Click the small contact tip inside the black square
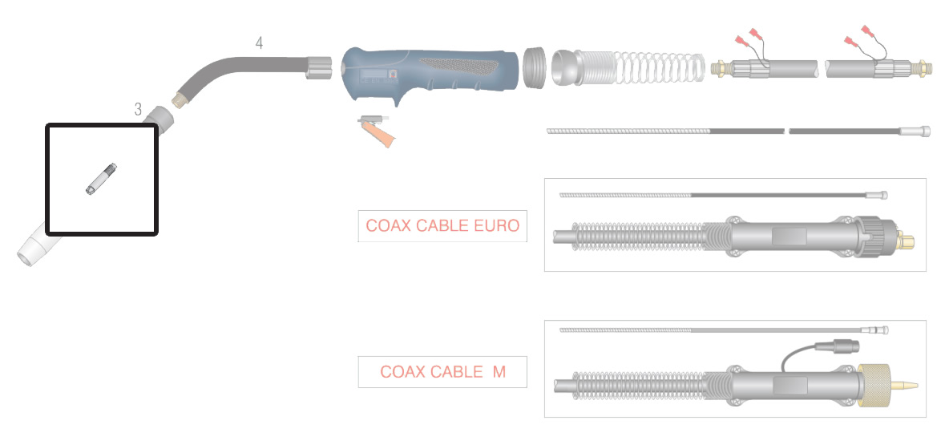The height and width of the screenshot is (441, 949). tap(101, 180)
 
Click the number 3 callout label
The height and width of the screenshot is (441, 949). tap(138, 110)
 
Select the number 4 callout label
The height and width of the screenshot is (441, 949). tap(259, 43)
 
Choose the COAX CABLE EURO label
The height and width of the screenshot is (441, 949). tap(442, 226)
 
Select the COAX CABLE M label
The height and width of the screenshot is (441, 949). tap(442, 372)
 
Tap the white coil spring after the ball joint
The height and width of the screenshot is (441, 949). tap(660, 67)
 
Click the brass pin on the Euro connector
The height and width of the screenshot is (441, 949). tap(906, 241)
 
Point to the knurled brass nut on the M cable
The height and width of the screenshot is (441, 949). tap(874, 385)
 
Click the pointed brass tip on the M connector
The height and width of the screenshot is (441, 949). tap(905, 385)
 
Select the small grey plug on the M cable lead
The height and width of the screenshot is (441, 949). tap(837, 346)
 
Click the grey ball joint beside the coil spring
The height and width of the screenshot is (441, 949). tap(565, 67)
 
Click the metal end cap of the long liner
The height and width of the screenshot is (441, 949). tap(915, 131)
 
